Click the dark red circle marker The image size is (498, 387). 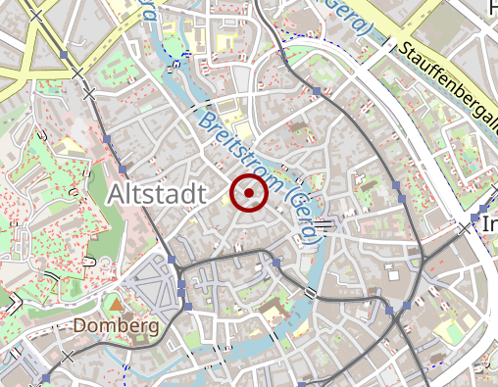click(249, 193)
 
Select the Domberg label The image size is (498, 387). click(116, 325)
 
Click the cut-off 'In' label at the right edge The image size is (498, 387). click(490, 225)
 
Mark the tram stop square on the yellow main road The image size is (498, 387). click(65, 55)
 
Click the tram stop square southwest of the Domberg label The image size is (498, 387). click(46, 377)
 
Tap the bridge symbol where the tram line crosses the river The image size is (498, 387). click(311, 292)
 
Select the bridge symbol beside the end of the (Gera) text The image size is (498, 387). click(323, 225)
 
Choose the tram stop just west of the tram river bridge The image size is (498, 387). click(276, 263)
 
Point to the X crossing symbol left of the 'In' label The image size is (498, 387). click(464, 227)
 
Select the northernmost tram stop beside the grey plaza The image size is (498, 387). click(172, 260)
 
